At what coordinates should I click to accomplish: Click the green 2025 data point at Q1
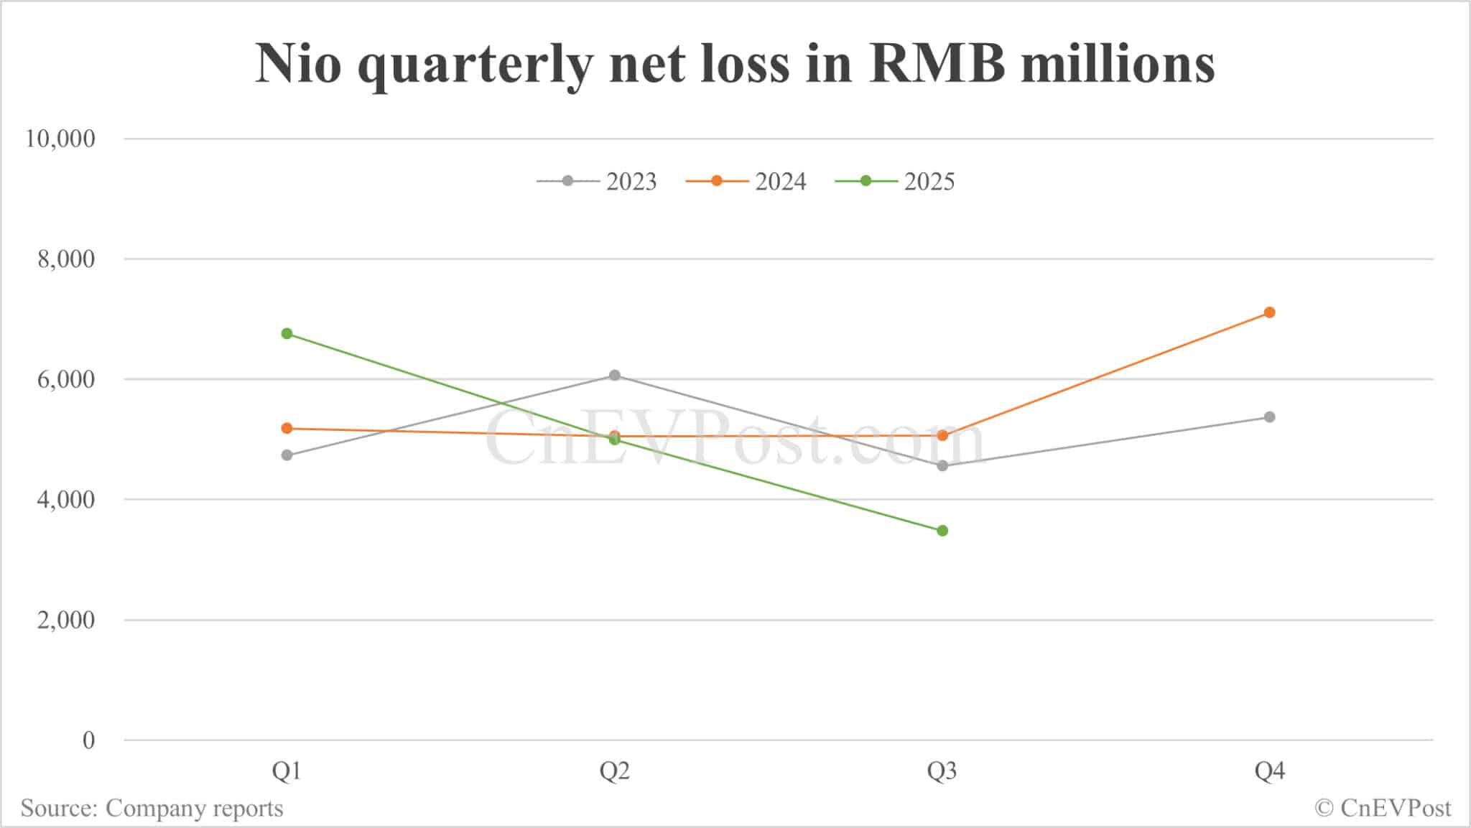click(287, 333)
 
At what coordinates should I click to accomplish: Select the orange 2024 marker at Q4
click(1269, 312)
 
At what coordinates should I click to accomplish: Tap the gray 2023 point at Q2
click(614, 375)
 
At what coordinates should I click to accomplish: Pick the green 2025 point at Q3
click(942, 531)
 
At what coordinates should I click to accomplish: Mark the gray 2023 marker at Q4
click(1269, 417)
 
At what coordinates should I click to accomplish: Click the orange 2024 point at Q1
click(287, 428)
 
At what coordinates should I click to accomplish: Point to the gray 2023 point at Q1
click(287, 455)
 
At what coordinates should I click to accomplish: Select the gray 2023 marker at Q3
click(942, 466)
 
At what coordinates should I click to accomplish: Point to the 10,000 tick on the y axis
click(60, 139)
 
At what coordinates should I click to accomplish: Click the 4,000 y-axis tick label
click(66, 500)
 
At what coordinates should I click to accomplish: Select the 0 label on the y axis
click(88, 740)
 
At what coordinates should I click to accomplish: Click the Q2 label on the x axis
click(614, 772)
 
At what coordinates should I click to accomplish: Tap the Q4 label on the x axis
click(1269, 772)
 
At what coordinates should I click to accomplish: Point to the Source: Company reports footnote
click(152, 809)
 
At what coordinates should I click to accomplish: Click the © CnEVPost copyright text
click(1383, 809)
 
